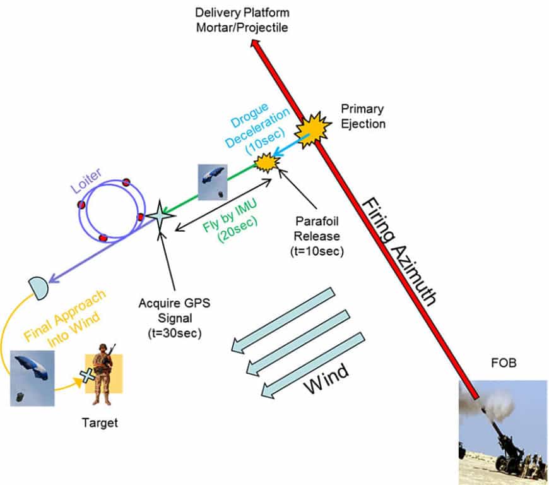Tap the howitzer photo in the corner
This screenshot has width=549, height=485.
click(502, 432)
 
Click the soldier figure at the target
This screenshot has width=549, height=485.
click(102, 376)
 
